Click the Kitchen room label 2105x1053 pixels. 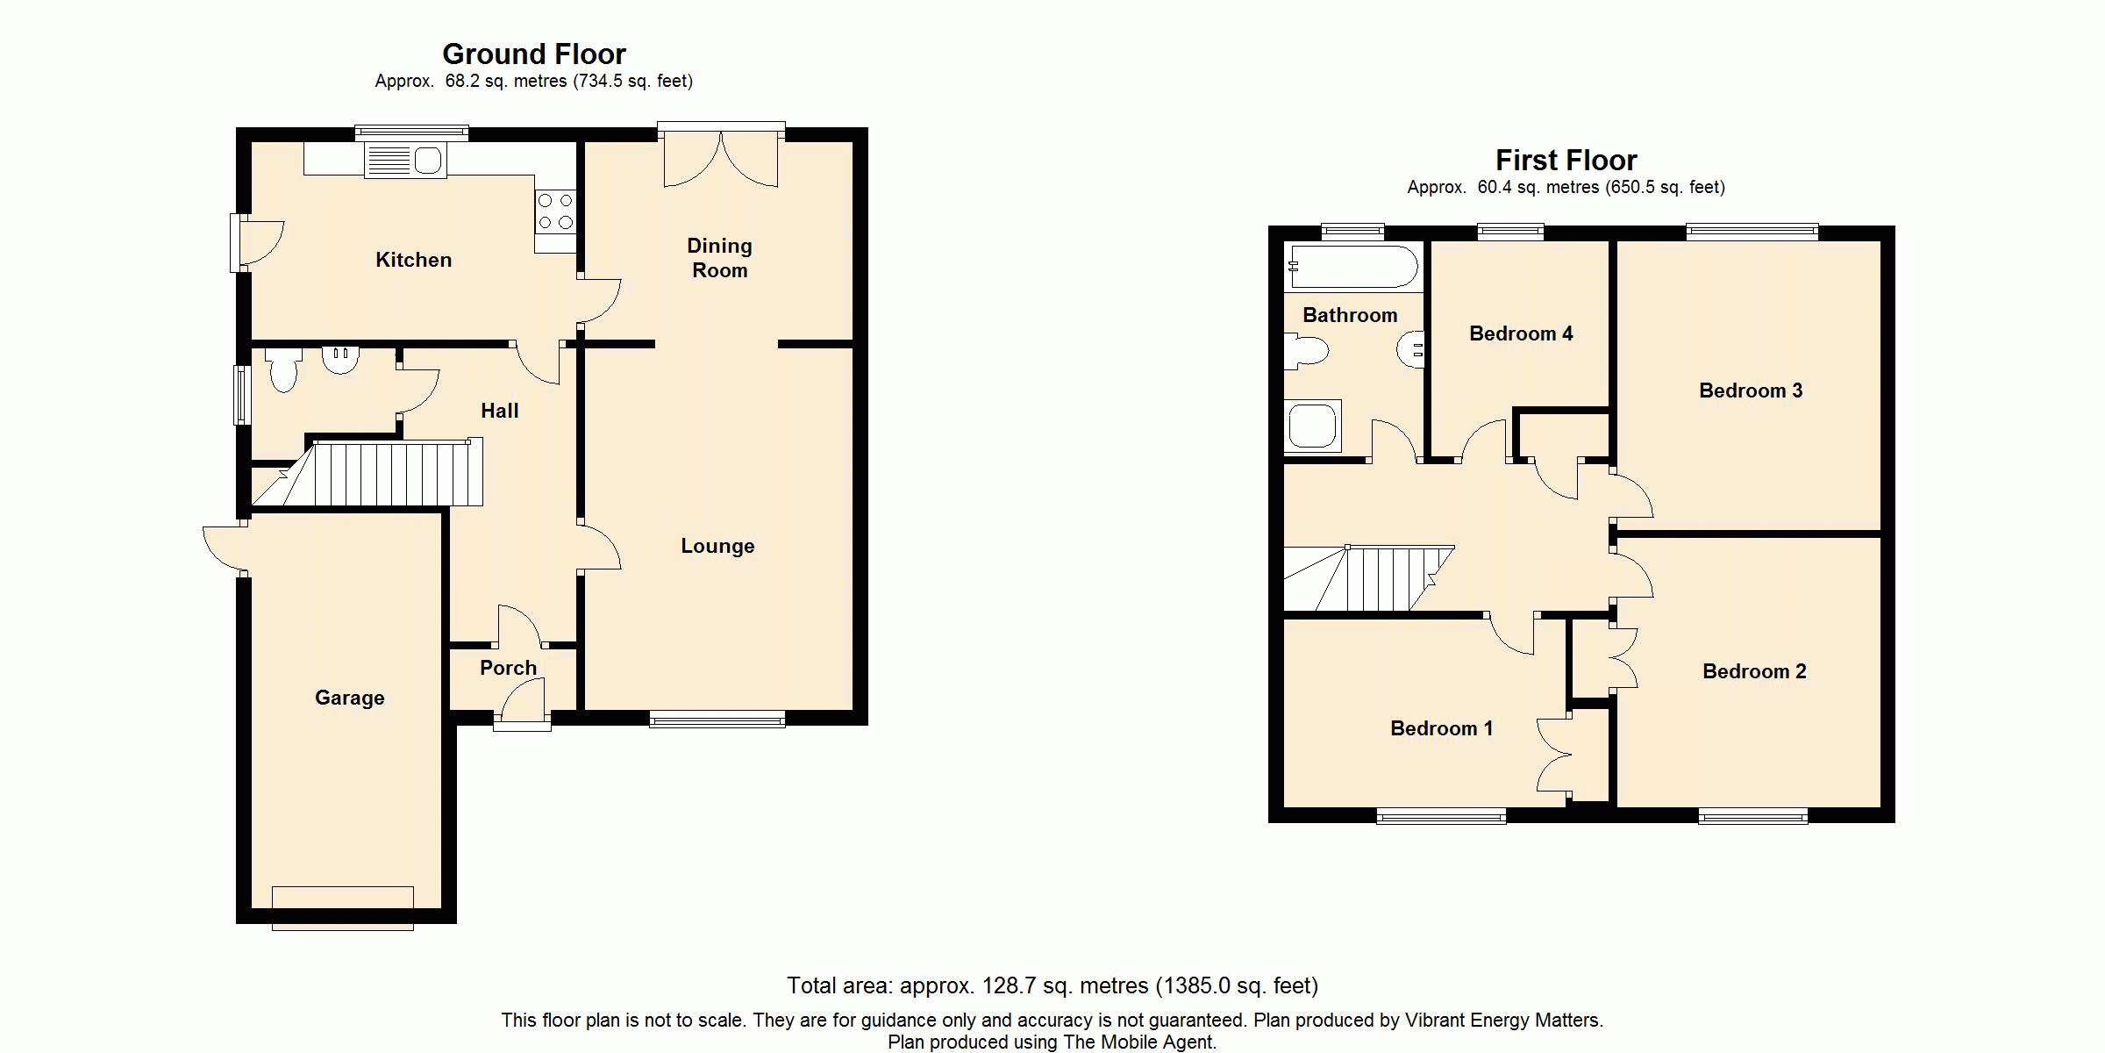413,260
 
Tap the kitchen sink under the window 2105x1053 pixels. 405,161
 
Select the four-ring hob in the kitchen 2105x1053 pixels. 556,211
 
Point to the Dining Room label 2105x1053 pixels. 719,258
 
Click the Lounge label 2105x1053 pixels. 717,546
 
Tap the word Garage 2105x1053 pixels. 349,698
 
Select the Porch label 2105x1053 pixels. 508,668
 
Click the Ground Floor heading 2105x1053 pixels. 534,54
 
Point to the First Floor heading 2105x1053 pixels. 1566,161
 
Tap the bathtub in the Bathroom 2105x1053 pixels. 1352,267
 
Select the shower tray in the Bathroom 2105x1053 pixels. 1313,426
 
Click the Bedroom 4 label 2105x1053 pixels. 1521,333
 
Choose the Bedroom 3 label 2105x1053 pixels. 1751,390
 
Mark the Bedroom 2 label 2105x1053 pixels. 1754,671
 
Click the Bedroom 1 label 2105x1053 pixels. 1441,728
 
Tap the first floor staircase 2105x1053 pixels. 1369,578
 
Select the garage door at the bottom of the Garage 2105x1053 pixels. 342,908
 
